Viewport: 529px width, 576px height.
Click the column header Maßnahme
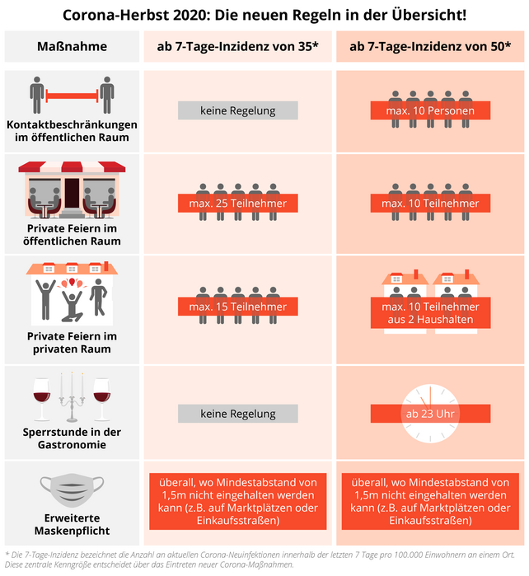73,46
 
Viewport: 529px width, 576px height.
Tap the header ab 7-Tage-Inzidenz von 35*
238,46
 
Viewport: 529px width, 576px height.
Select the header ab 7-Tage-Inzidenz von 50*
429,46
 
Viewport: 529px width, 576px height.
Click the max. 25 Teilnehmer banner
237,203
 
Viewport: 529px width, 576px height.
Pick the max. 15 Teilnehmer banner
237,307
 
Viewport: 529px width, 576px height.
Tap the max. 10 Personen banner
429,110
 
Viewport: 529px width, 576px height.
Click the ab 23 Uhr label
429,413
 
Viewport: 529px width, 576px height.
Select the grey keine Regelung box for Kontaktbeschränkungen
237,110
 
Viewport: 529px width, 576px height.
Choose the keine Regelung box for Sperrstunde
237,413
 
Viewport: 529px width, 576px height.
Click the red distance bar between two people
73,97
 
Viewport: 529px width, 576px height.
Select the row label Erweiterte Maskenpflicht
73,523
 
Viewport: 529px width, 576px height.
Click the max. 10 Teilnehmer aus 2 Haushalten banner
429,313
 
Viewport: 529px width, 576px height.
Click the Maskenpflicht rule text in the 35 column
237,500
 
